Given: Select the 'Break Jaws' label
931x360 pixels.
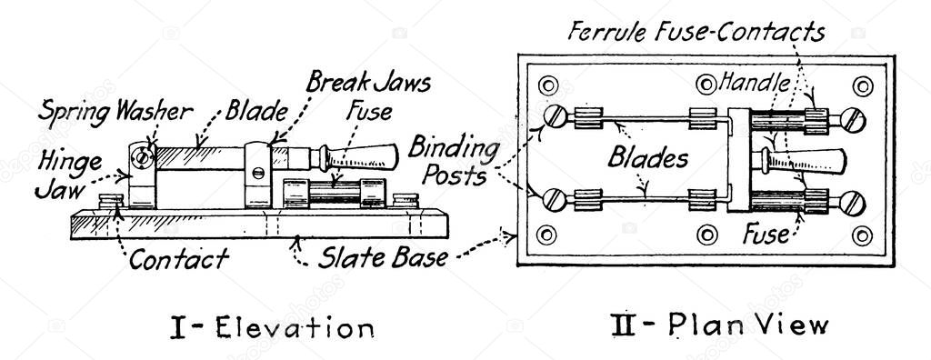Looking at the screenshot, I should click(x=367, y=84).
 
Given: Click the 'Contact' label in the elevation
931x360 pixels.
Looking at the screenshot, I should click(x=178, y=260).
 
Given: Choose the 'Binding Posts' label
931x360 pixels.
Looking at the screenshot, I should click(x=454, y=160).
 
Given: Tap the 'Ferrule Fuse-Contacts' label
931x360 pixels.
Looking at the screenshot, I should click(x=696, y=33).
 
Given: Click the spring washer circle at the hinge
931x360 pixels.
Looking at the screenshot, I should click(x=141, y=157).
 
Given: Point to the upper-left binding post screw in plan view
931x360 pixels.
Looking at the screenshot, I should click(x=555, y=118).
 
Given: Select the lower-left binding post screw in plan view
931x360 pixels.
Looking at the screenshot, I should click(x=555, y=196).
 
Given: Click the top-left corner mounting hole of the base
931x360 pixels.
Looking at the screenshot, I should click(x=546, y=86).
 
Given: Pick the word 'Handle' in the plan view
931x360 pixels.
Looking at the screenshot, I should click(x=754, y=82).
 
